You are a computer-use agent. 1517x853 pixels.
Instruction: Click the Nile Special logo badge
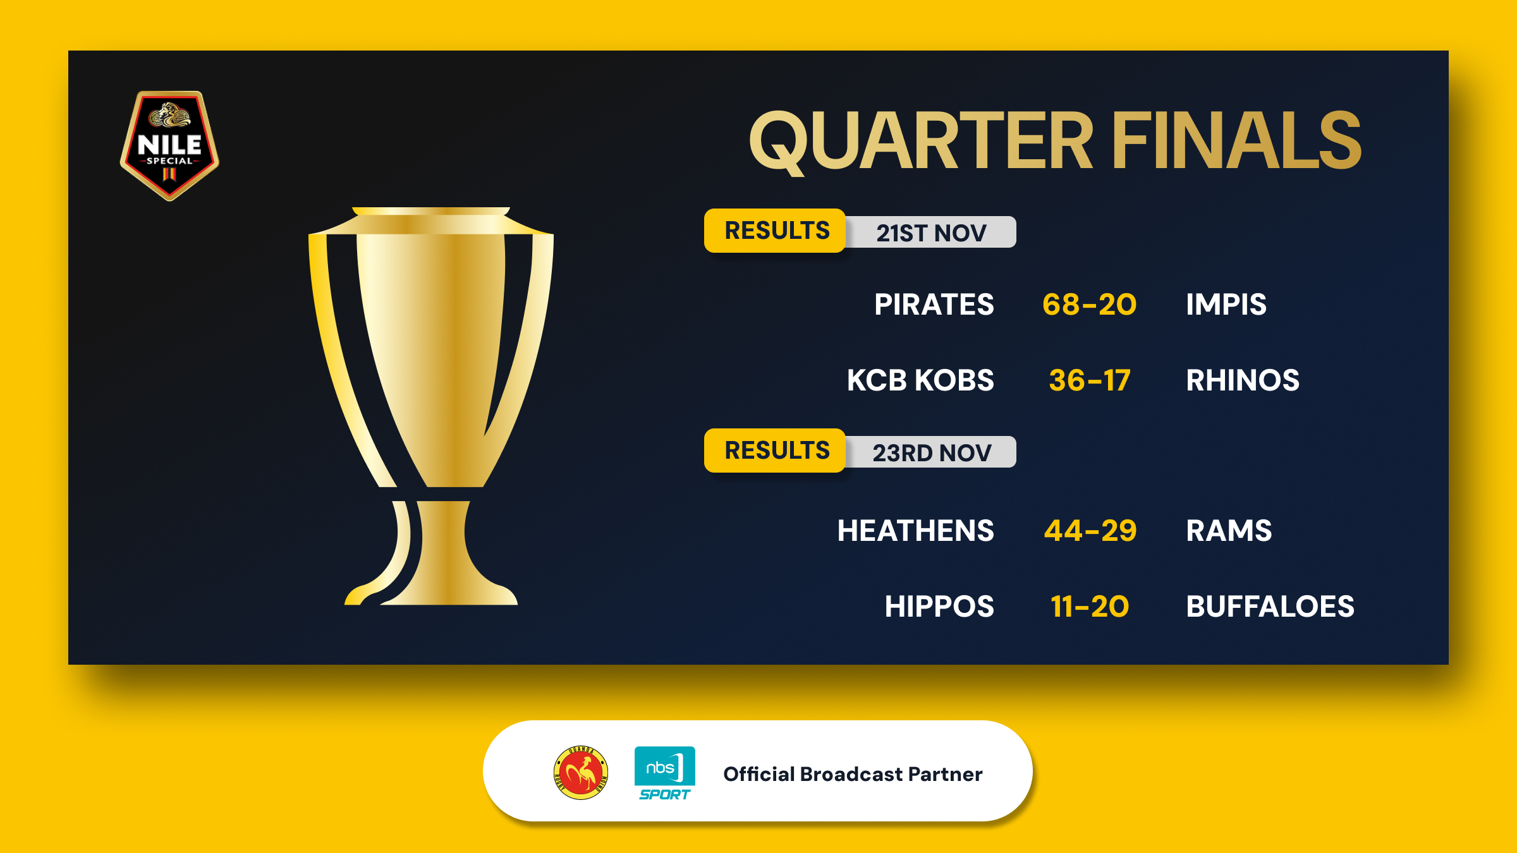[169, 146]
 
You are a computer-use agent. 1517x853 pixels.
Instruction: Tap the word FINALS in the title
[1237, 140]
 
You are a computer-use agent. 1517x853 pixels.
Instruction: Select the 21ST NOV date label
[931, 233]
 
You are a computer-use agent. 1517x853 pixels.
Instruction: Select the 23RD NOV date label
[932, 452]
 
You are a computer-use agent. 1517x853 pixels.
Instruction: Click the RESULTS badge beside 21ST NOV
[776, 231]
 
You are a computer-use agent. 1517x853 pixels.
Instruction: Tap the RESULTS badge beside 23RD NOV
[776, 451]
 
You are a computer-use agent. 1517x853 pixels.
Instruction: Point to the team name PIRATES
[934, 305]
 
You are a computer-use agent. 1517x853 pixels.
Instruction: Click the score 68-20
[1089, 305]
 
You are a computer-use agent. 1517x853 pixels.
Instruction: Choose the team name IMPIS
[1226, 305]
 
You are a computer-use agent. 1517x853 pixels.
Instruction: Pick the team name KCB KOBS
[920, 380]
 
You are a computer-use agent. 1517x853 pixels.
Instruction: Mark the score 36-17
[1090, 380]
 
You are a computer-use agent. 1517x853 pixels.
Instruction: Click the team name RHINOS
[1243, 380]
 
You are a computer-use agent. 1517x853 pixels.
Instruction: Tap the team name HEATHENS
[916, 531]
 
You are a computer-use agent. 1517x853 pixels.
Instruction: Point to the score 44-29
[1090, 531]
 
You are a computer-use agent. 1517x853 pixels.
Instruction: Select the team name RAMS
[1229, 531]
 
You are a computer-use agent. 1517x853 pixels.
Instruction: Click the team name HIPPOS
[939, 607]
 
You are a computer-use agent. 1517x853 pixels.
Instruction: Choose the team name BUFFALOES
[1270, 607]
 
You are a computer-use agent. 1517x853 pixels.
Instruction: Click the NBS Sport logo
[664, 773]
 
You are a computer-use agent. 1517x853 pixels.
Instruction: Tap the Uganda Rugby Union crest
[581, 773]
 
